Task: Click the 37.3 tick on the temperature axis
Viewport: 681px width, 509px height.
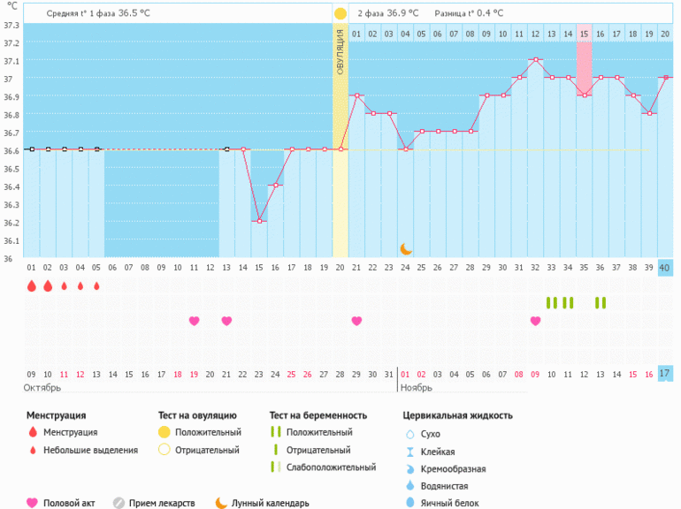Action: (11, 24)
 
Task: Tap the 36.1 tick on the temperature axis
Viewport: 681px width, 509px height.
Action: (11, 240)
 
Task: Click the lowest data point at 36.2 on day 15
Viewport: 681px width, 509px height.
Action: (258, 221)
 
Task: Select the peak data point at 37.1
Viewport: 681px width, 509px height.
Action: (535, 59)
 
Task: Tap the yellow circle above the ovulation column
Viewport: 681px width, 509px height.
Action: (340, 14)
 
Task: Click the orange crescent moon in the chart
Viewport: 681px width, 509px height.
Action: (406, 249)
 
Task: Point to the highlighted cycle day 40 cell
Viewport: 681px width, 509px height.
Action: (665, 268)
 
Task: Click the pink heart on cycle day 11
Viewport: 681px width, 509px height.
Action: (194, 321)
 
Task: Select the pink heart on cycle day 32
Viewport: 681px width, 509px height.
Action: (535, 321)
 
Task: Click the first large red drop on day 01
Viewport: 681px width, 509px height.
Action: (31, 286)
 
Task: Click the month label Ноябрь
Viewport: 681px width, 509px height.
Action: (417, 388)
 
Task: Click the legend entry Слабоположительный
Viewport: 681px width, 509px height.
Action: (326, 467)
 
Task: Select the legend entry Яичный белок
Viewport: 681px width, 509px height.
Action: (450, 503)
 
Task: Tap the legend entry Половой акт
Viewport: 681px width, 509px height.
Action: (66, 503)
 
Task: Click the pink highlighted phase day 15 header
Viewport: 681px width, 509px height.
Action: (584, 34)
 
